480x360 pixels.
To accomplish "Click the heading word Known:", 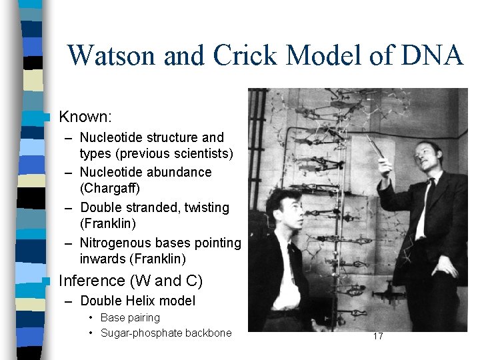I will pyautogui.click(x=85, y=117).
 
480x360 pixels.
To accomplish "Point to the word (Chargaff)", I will pyautogui.click(x=109, y=189).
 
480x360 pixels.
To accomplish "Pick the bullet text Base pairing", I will pyautogui.click(x=130, y=317).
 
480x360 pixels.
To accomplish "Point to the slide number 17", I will pyautogui.click(x=378, y=336).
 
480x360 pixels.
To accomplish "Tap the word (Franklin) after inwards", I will pyautogui.click(x=158, y=259).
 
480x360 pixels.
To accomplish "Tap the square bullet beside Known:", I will pyautogui.click(x=45, y=117).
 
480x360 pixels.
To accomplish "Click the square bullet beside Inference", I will pyautogui.click(x=45, y=281).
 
